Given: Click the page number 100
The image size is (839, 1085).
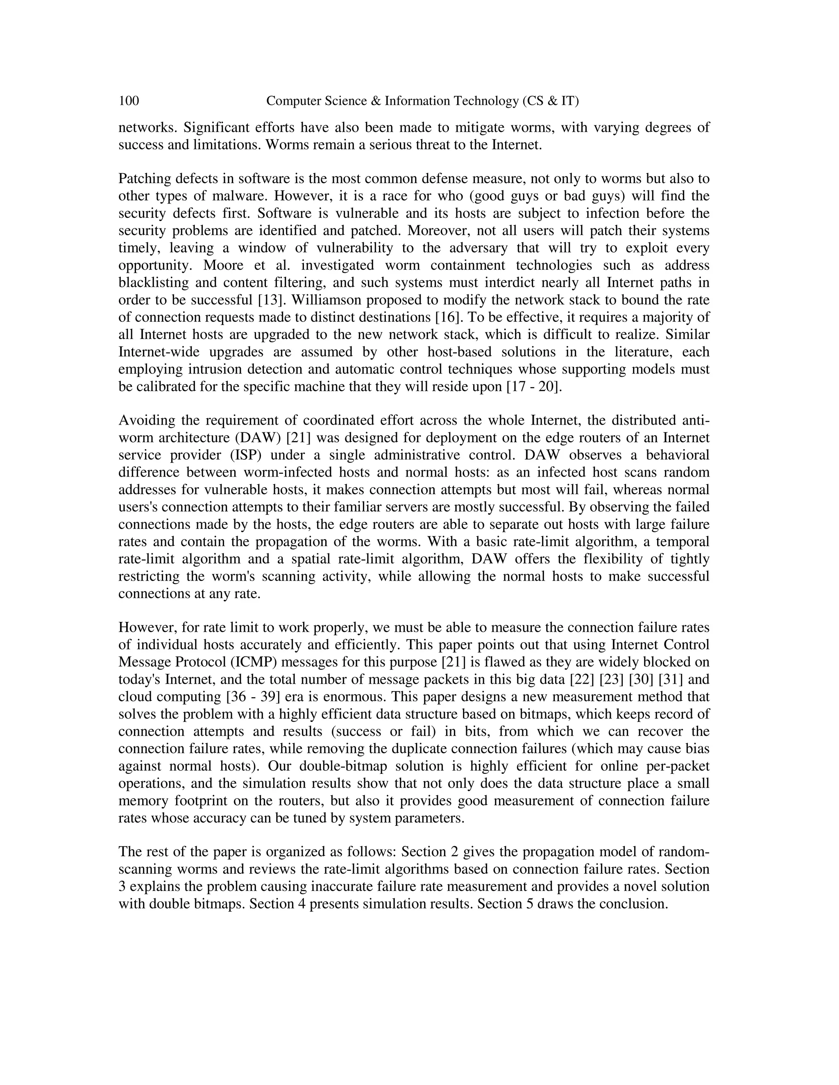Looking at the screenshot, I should [x=129, y=102].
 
